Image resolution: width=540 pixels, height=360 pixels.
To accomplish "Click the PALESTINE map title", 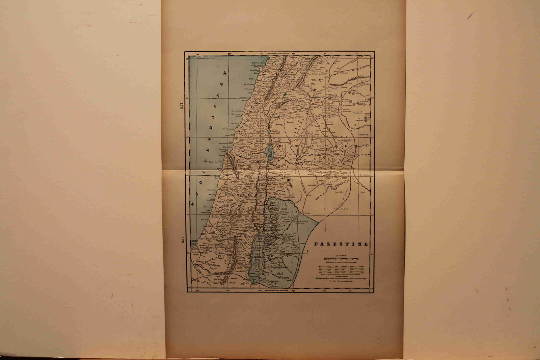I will click(341, 244).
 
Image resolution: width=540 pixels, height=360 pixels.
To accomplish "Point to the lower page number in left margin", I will click(182, 240).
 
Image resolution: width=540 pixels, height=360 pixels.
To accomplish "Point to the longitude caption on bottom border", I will click(277, 290).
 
